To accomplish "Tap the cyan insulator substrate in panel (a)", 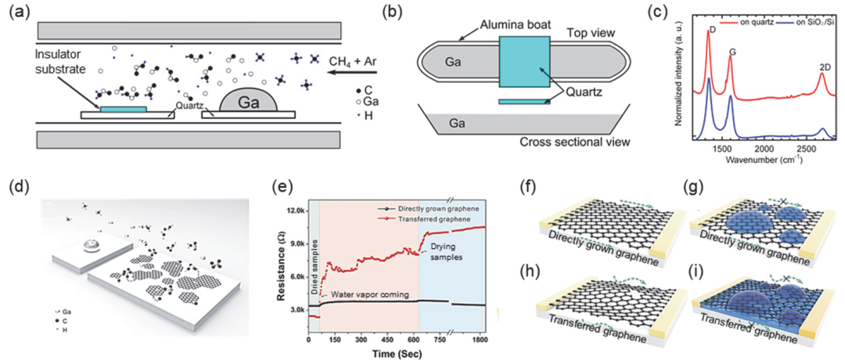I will [122, 109].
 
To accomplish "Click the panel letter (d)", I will [16, 187].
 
